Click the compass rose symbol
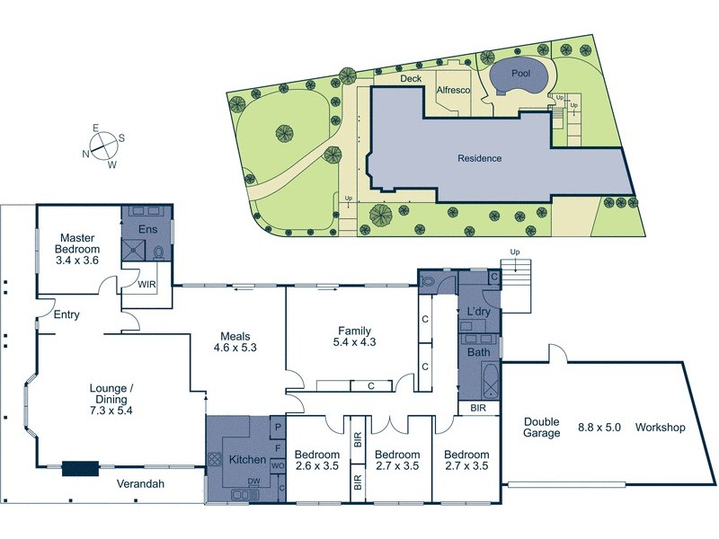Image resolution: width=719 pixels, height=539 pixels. pos(104,146)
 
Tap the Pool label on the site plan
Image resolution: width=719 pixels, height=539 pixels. pos(520,73)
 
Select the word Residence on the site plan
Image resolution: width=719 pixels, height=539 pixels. pos(480,158)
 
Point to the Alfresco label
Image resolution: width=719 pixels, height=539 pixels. pos(454,91)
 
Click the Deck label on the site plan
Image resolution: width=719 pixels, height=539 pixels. pos(411,78)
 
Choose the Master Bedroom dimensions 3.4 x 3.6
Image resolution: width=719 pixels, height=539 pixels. pos(76,261)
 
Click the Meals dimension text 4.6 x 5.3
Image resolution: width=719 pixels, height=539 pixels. pos(235,348)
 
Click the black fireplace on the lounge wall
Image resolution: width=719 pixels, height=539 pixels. pos(80,469)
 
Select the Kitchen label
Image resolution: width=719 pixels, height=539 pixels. pos(247,460)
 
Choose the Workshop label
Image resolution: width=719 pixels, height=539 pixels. pos(661,428)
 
